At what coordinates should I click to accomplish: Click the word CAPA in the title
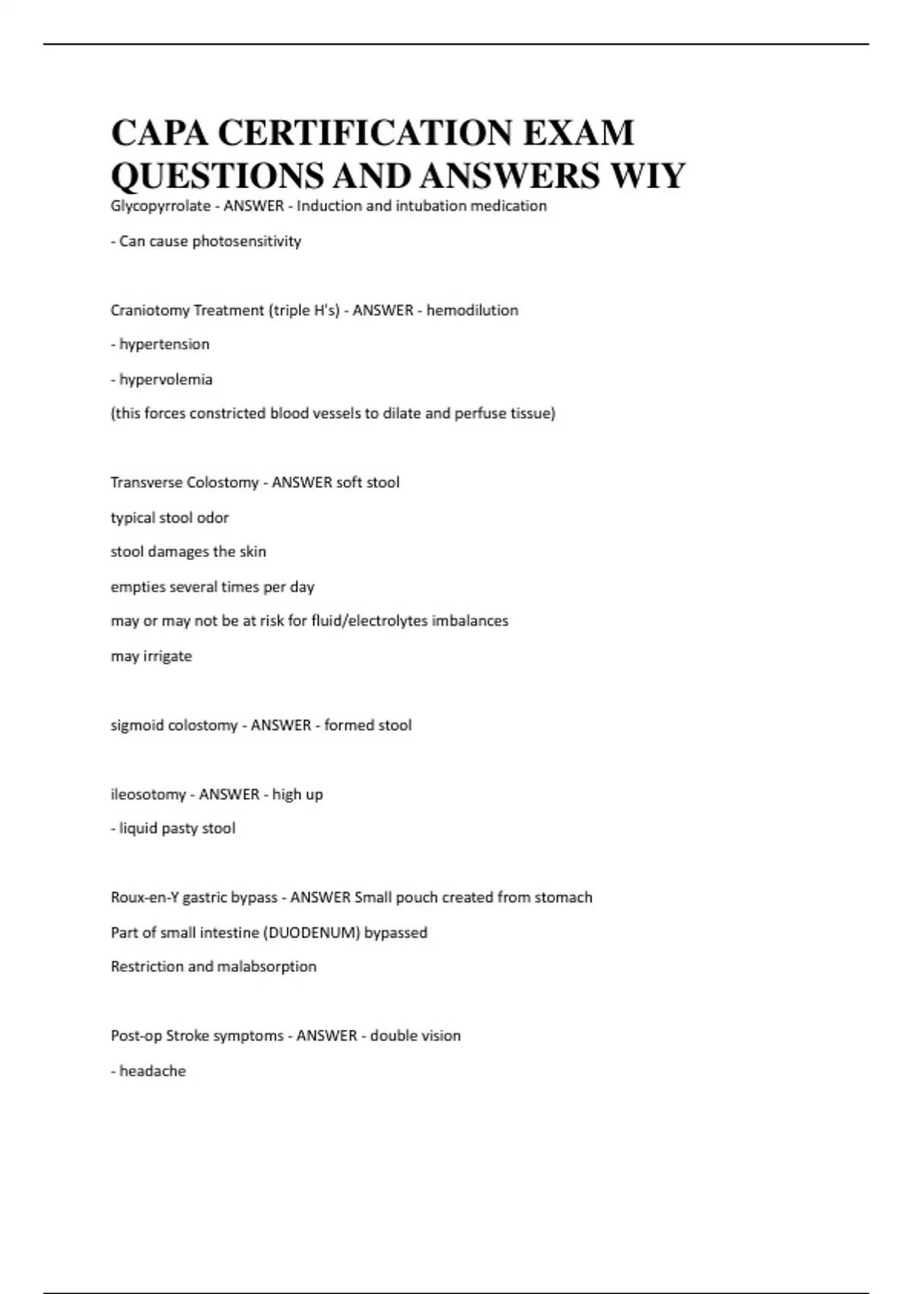[x=159, y=133]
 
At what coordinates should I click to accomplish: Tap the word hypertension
[x=164, y=345]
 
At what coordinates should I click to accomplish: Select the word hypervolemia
[x=166, y=380]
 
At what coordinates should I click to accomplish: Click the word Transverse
[x=146, y=483]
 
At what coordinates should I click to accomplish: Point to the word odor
[x=213, y=518]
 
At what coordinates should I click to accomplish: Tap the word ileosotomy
[x=148, y=795]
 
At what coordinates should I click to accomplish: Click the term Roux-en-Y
[x=145, y=898]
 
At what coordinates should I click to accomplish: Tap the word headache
[x=152, y=1071]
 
